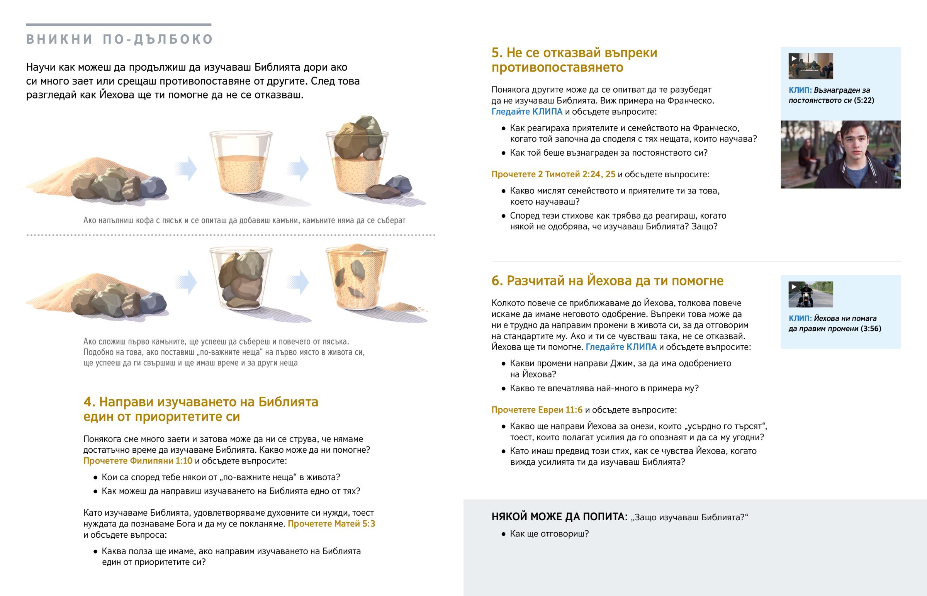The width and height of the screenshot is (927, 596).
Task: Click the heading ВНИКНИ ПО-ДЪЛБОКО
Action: pyautogui.click(x=120, y=39)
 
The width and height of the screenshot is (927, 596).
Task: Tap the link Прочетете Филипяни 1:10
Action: pyautogui.click(x=138, y=460)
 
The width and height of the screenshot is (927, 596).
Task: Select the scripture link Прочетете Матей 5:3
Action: pyautogui.click(x=331, y=524)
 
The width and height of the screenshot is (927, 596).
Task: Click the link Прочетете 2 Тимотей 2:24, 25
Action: pyautogui.click(x=553, y=174)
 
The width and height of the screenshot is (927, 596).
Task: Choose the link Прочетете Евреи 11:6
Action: pyautogui.click(x=537, y=409)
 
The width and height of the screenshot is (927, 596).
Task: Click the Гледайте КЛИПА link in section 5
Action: pyautogui.click(x=527, y=112)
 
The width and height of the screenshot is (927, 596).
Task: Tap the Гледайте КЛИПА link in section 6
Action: pyautogui.click(x=621, y=347)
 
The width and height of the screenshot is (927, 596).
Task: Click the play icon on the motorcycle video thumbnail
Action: pyautogui.click(x=793, y=287)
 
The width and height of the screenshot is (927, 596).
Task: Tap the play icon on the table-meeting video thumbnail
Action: pyautogui.click(x=793, y=58)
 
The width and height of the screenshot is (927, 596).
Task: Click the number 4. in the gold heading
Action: pyautogui.click(x=89, y=402)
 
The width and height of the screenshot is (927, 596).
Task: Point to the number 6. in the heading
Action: pyautogui.click(x=497, y=280)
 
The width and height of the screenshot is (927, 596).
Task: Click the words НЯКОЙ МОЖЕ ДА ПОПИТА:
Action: pyautogui.click(x=559, y=517)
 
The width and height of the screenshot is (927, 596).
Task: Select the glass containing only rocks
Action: pyautogui.click(x=241, y=278)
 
